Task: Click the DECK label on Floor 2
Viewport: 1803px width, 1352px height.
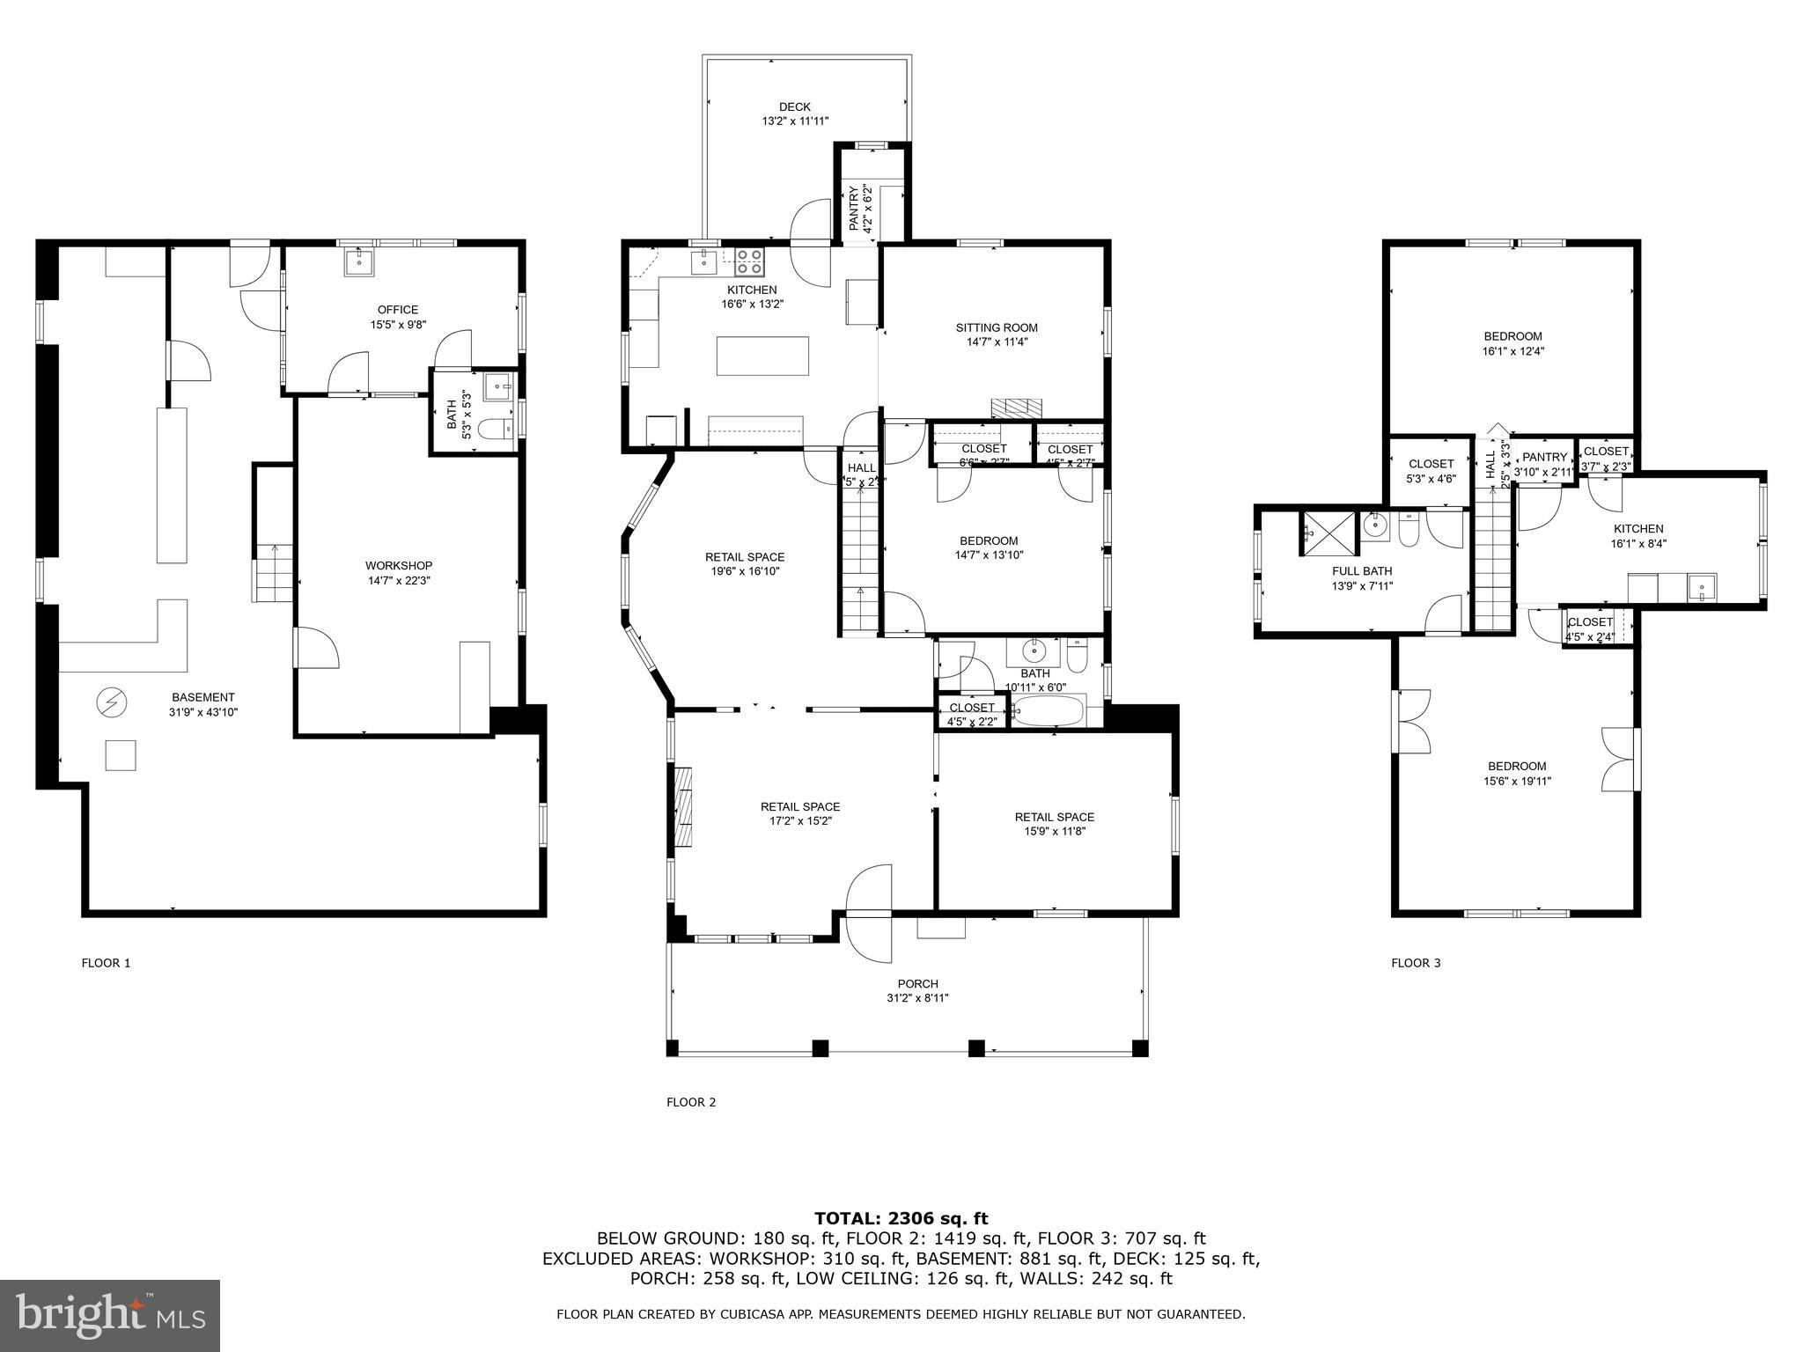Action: pyautogui.click(x=794, y=107)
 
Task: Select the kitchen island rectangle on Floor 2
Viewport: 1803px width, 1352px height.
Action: pyautogui.click(x=762, y=356)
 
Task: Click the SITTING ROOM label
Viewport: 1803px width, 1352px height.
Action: pyautogui.click(x=997, y=328)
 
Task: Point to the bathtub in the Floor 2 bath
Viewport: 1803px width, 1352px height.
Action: pyautogui.click(x=1048, y=711)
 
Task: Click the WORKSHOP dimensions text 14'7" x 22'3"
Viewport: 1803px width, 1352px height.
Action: pyautogui.click(x=399, y=581)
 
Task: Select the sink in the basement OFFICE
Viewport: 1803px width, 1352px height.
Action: pyautogui.click(x=359, y=261)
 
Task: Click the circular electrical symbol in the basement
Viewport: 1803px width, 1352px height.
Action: pyautogui.click(x=112, y=702)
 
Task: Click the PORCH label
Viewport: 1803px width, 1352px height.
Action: pyautogui.click(x=917, y=984)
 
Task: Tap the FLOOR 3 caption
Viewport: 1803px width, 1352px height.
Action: pyautogui.click(x=1416, y=963)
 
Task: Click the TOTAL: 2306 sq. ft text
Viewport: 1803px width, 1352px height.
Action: pyautogui.click(x=901, y=1219)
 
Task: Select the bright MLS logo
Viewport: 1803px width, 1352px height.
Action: pyautogui.click(x=110, y=1315)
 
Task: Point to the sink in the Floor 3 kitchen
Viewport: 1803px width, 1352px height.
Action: pyautogui.click(x=1702, y=587)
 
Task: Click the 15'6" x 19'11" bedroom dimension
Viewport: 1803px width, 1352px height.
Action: pyautogui.click(x=1517, y=781)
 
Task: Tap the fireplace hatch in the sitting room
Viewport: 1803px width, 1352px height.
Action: pyautogui.click(x=1017, y=408)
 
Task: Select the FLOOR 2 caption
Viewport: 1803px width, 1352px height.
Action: pyautogui.click(x=691, y=1102)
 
